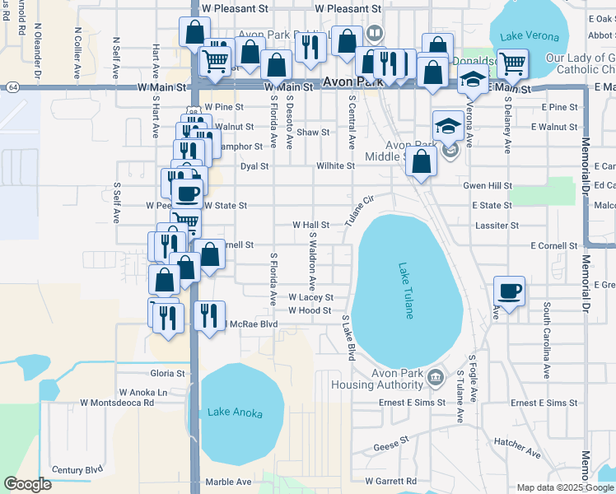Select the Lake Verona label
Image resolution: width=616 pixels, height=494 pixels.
tap(531, 37)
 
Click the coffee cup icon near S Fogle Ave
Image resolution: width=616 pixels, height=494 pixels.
tap(510, 291)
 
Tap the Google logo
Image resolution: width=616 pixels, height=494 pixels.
tap(27, 483)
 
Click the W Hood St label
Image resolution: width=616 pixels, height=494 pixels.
tap(309, 310)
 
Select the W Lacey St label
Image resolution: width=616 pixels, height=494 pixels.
tap(310, 297)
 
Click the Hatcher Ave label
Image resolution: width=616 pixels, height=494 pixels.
tap(517, 448)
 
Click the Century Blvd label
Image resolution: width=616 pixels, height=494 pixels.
tap(78, 470)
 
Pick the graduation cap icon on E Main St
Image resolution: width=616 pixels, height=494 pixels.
tap(473, 81)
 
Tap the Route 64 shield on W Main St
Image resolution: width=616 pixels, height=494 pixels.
tap(12, 86)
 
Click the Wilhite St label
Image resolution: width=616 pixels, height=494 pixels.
tap(334, 165)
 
